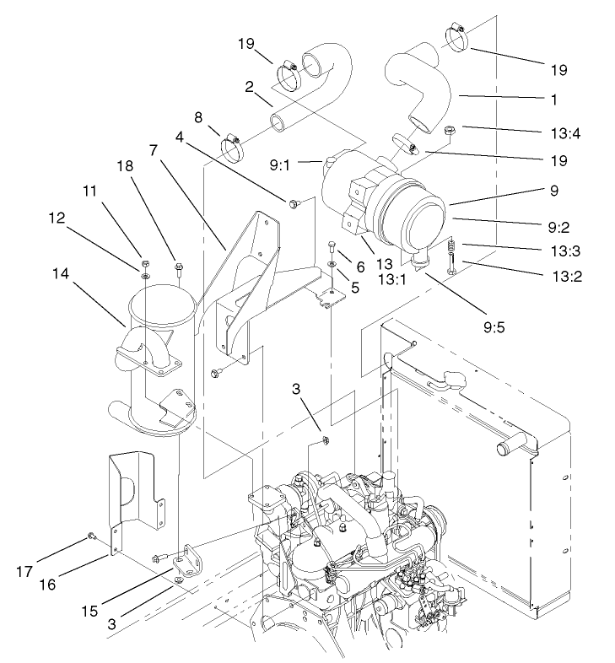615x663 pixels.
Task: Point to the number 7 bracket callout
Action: tap(154, 149)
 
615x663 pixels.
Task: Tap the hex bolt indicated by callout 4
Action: tap(294, 202)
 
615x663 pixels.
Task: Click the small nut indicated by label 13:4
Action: tap(450, 130)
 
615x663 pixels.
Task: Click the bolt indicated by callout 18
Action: tap(179, 270)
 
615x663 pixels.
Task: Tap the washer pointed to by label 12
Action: tap(145, 276)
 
